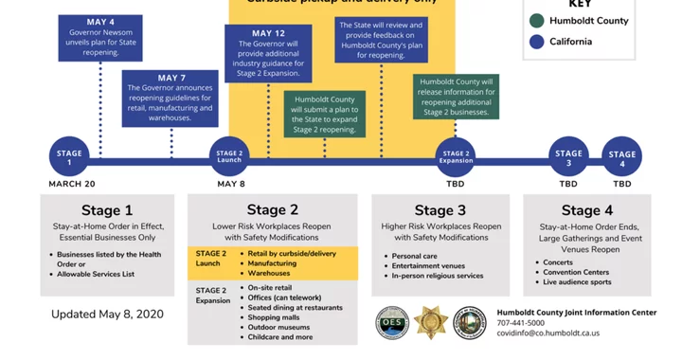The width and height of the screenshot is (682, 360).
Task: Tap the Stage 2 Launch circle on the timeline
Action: click(x=229, y=155)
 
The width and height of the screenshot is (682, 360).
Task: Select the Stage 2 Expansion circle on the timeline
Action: click(x=456, y=155)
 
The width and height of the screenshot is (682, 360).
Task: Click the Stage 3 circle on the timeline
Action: click(x=568, y=156)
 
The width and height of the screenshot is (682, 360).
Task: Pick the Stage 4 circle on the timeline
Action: click(x=622, y=156)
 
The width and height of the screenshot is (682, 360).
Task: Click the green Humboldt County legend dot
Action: click(x=537, y=21)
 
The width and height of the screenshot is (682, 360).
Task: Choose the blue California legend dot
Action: click(x=537, y=41)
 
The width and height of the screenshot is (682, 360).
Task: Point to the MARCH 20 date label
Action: click(x=72, y=184)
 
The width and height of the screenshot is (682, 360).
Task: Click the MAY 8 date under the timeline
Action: click(x=231, y=184)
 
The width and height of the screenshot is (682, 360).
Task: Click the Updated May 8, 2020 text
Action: click(x=107, y=314)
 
